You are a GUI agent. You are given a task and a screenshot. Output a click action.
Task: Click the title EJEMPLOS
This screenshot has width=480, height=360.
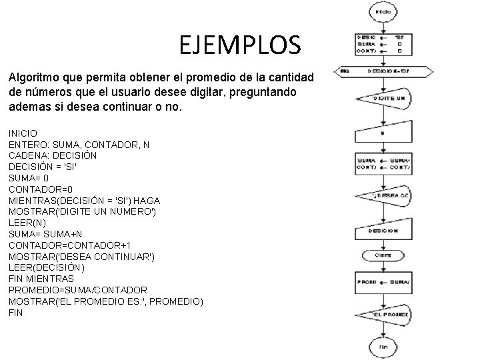coord(240,45)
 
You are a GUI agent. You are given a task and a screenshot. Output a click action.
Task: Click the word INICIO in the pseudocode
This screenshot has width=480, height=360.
coord(23,133)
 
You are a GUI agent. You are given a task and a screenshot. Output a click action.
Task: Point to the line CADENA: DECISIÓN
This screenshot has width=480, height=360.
coord(53,155)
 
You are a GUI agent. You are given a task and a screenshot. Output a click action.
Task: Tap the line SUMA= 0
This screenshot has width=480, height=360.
coord(29,178)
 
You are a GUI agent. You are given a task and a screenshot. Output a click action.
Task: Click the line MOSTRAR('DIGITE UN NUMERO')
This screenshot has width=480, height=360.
coord(83,212)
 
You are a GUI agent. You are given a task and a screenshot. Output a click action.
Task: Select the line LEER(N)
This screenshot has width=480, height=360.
coord(27,223)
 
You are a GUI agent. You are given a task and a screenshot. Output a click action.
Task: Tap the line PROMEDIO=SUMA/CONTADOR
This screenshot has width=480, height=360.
coord(78,290)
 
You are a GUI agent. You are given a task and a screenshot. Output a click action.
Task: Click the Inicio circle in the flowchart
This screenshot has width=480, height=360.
coord(383,11)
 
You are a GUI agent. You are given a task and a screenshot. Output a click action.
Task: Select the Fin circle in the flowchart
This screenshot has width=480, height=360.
coord(383,347)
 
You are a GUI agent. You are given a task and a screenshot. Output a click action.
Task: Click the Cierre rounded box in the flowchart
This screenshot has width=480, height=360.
coord(383,255)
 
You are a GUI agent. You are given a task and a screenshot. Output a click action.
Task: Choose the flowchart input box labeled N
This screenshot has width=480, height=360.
coord(385,133)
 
